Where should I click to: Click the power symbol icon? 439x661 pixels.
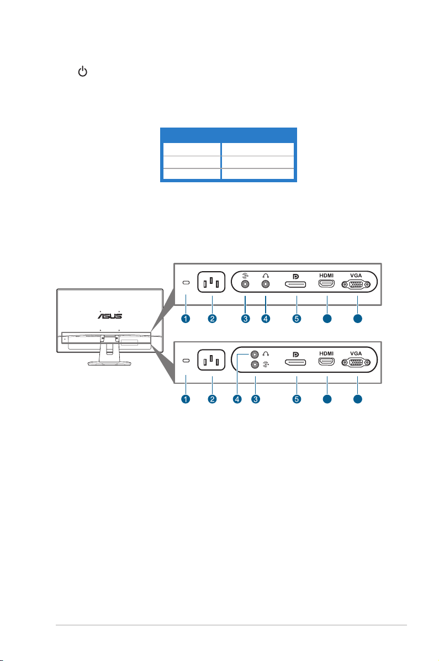click(83, 71)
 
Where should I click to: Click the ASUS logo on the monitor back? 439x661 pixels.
click(110, 315)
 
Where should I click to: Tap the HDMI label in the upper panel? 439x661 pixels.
click(326, 276)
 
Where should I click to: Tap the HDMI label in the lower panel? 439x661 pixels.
click(326, 353)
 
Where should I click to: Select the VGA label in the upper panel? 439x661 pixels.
click(356, 276)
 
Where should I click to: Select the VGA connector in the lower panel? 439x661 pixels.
click(356, 363)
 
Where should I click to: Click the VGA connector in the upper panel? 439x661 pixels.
click(356, 284)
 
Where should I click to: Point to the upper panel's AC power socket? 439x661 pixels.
click(211, 282)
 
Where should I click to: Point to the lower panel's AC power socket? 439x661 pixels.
click(211, 360)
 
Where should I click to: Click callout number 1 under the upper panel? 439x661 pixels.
click(186, 319)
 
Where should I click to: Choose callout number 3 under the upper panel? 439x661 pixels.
click(245, 319)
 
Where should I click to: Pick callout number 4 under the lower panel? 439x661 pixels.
click(237, 399)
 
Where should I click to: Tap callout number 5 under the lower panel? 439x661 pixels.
click(297, 399)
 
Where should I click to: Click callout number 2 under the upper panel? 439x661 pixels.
click(212, 319)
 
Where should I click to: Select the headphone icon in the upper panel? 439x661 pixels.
click(266, 275)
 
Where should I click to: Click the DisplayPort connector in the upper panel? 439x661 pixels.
click(295, 284)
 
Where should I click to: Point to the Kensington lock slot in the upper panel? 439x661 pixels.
click(186, 282)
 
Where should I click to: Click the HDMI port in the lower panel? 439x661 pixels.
click(326, 362)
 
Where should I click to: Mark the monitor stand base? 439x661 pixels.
click(110, 363)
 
